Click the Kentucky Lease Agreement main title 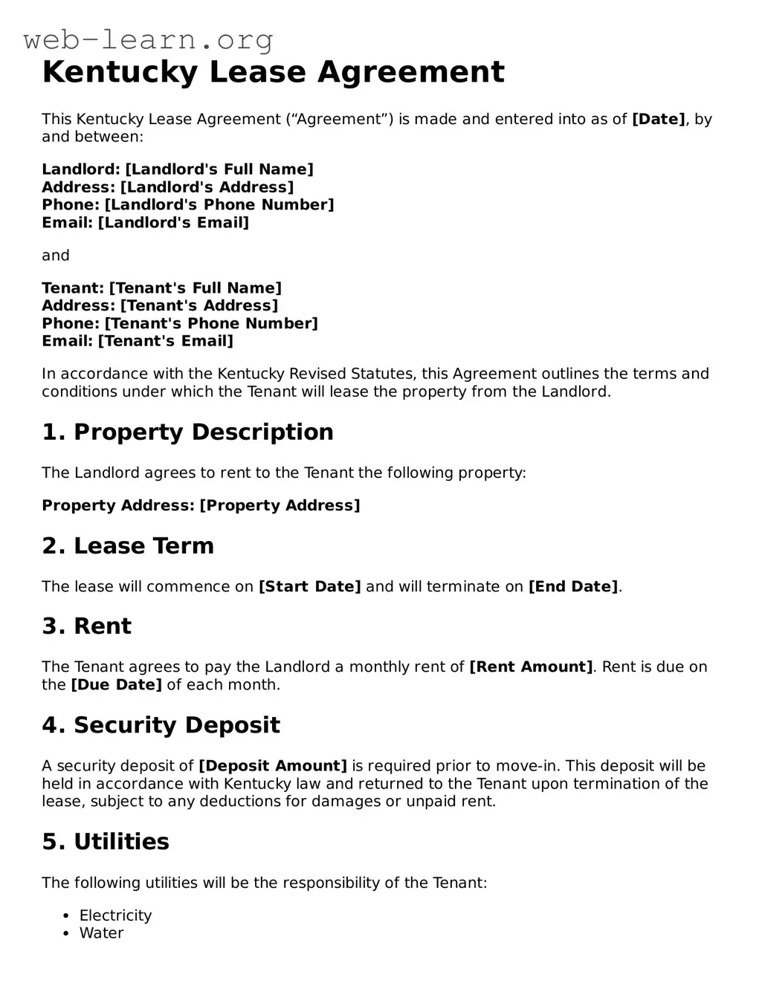273,72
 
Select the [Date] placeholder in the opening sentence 658,119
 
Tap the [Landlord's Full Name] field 219,169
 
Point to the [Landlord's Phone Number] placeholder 219,204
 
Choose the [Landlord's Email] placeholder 173,222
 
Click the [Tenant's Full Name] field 196,288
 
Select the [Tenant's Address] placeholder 199,305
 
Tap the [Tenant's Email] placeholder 166,341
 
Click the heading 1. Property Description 187,432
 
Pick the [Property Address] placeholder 280,505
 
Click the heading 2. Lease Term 128,545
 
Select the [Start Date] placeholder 309,586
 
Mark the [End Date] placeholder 573,586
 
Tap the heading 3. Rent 86,626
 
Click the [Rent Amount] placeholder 531,666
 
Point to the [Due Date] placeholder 116,684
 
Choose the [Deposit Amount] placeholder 273,765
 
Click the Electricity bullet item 115,915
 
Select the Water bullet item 102,933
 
